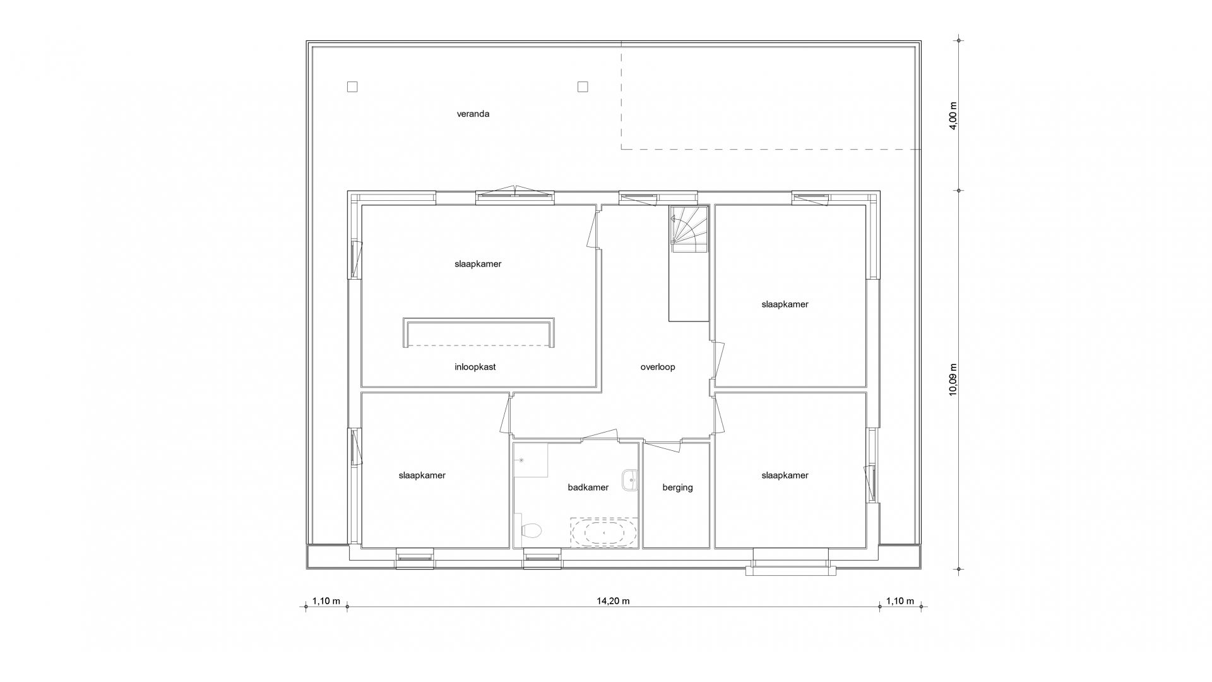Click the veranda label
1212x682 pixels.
[473, 114]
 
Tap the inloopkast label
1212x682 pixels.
[475, 367]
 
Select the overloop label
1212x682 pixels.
[658, 367]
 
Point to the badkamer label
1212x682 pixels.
[588, 488]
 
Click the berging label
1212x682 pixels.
[677, 488]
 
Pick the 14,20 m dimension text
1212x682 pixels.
[613, 601]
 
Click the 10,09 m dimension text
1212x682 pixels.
[953, 380]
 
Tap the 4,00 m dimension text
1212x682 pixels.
[953, 116]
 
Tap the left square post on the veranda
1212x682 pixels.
[352, 87]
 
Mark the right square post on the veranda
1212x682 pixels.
[583, 87]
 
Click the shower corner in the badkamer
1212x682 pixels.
[530, 460]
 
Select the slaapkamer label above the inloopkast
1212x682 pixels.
[478, 264]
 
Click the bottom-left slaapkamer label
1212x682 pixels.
[422, 476]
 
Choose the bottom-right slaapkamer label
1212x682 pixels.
[785, 476]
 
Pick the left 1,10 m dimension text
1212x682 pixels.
[326, 601]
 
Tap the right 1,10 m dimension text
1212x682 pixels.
[900, 601]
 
